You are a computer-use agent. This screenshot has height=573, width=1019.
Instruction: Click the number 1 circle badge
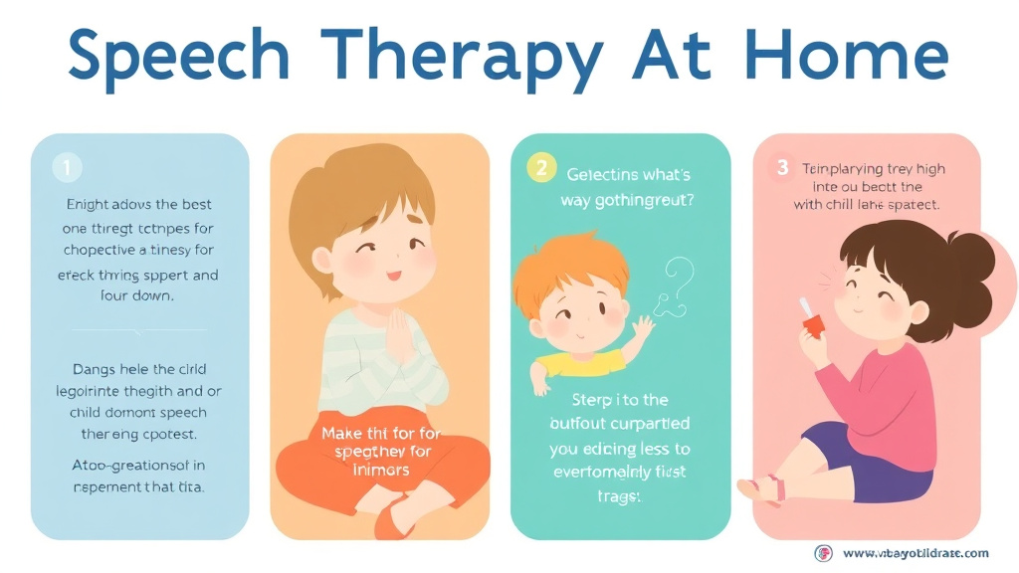pyautogui.click(x=67, y=169)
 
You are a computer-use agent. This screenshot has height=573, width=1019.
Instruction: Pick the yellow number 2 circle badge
pyautogui.click(x=540, y=168)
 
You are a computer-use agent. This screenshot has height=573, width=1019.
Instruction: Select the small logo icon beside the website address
pyautogui.click(x=823, y=553)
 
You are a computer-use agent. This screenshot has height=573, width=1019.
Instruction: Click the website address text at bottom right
pyautogui.click(x=915, y=553)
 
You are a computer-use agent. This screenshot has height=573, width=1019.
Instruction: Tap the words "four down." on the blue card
pyautogui.click(x=138, y=295)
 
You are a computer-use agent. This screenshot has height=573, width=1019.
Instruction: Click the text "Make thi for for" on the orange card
pyautogui.click(x=382, y=434)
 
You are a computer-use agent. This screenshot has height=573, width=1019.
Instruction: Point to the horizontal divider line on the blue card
pyautogui.click(x=138, y=330)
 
